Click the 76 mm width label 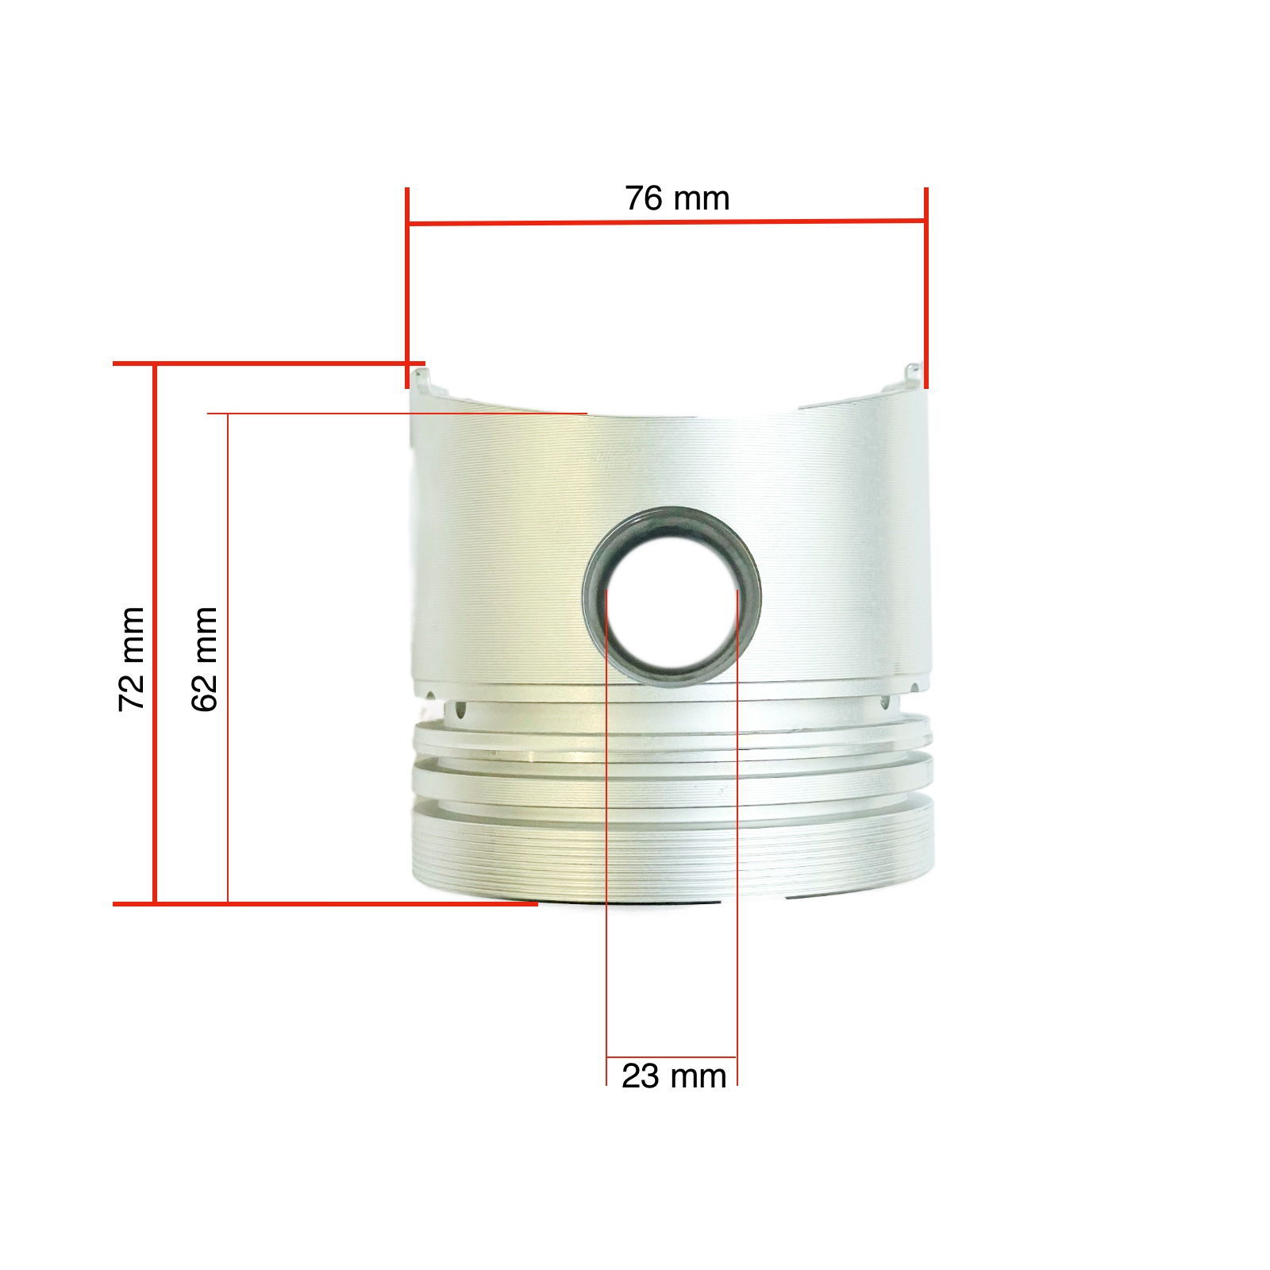click(x=677, y=198)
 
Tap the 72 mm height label click(x=132, y=659)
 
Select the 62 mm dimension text click(x=205, y=659)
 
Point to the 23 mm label click(x=674, y=1076)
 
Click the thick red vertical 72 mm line click(x=155, y=633)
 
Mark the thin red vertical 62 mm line click(x=228, y=658)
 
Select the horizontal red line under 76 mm click(x=667, y=221)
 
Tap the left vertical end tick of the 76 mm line click(x=407, y=288)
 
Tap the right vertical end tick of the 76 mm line click(x=926, y=288)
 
